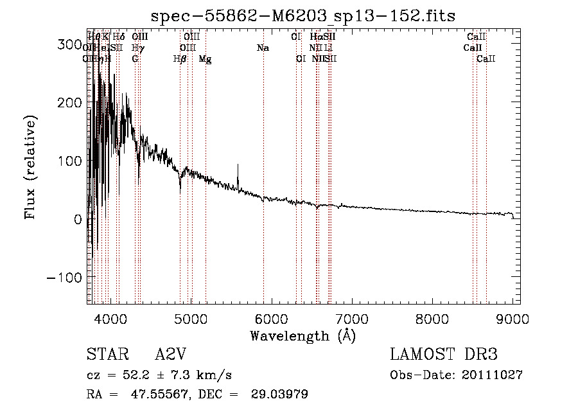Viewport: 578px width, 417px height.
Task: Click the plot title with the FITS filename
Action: tap(302, 15)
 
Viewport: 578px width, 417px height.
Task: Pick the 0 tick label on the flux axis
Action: tap(76, 219)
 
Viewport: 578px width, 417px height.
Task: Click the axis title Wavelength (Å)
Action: tap(302, 335)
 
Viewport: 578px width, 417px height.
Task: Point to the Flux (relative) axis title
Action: tap(31, 167)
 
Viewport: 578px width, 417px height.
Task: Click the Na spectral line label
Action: tap(262, 48)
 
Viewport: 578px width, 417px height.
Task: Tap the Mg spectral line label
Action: tap(205, 59)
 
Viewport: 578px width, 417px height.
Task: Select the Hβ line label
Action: tap(180, 59)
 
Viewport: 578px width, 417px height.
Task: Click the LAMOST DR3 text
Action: tap(444, 355)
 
